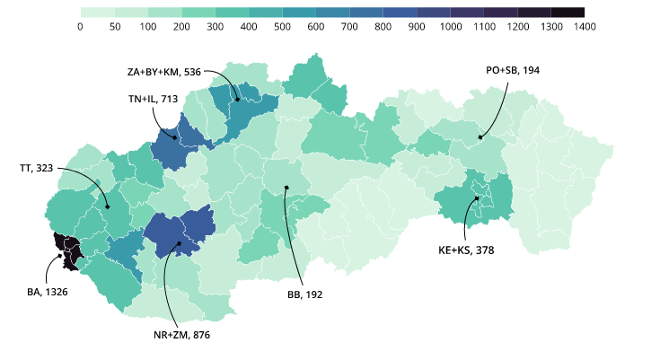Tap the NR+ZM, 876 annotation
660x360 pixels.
(x=181, y=335)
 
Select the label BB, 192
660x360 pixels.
(x=304, y=294)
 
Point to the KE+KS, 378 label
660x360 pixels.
(x=466, y=250)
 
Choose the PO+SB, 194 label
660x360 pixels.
(x=513, y=70)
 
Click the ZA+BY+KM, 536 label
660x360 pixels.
(x=164, y=71)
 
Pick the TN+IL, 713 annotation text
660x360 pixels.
(x=154, y=99)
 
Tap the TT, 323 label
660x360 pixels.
(x=36, y=168)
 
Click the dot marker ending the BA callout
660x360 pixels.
(x=62, y=255)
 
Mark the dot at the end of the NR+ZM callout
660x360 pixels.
(x=180, y=243)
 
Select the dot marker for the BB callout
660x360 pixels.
(x=286, y=188)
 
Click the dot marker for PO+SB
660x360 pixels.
(x=480, y=137)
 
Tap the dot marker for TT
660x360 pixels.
(x=107, y=208)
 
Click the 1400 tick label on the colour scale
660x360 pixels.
(x=585, y=27)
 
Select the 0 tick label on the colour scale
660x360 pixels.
(x=81, y=27)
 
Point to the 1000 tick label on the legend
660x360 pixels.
(x=451, y=27)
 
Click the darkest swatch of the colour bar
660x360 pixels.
(x=568, y=13)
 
